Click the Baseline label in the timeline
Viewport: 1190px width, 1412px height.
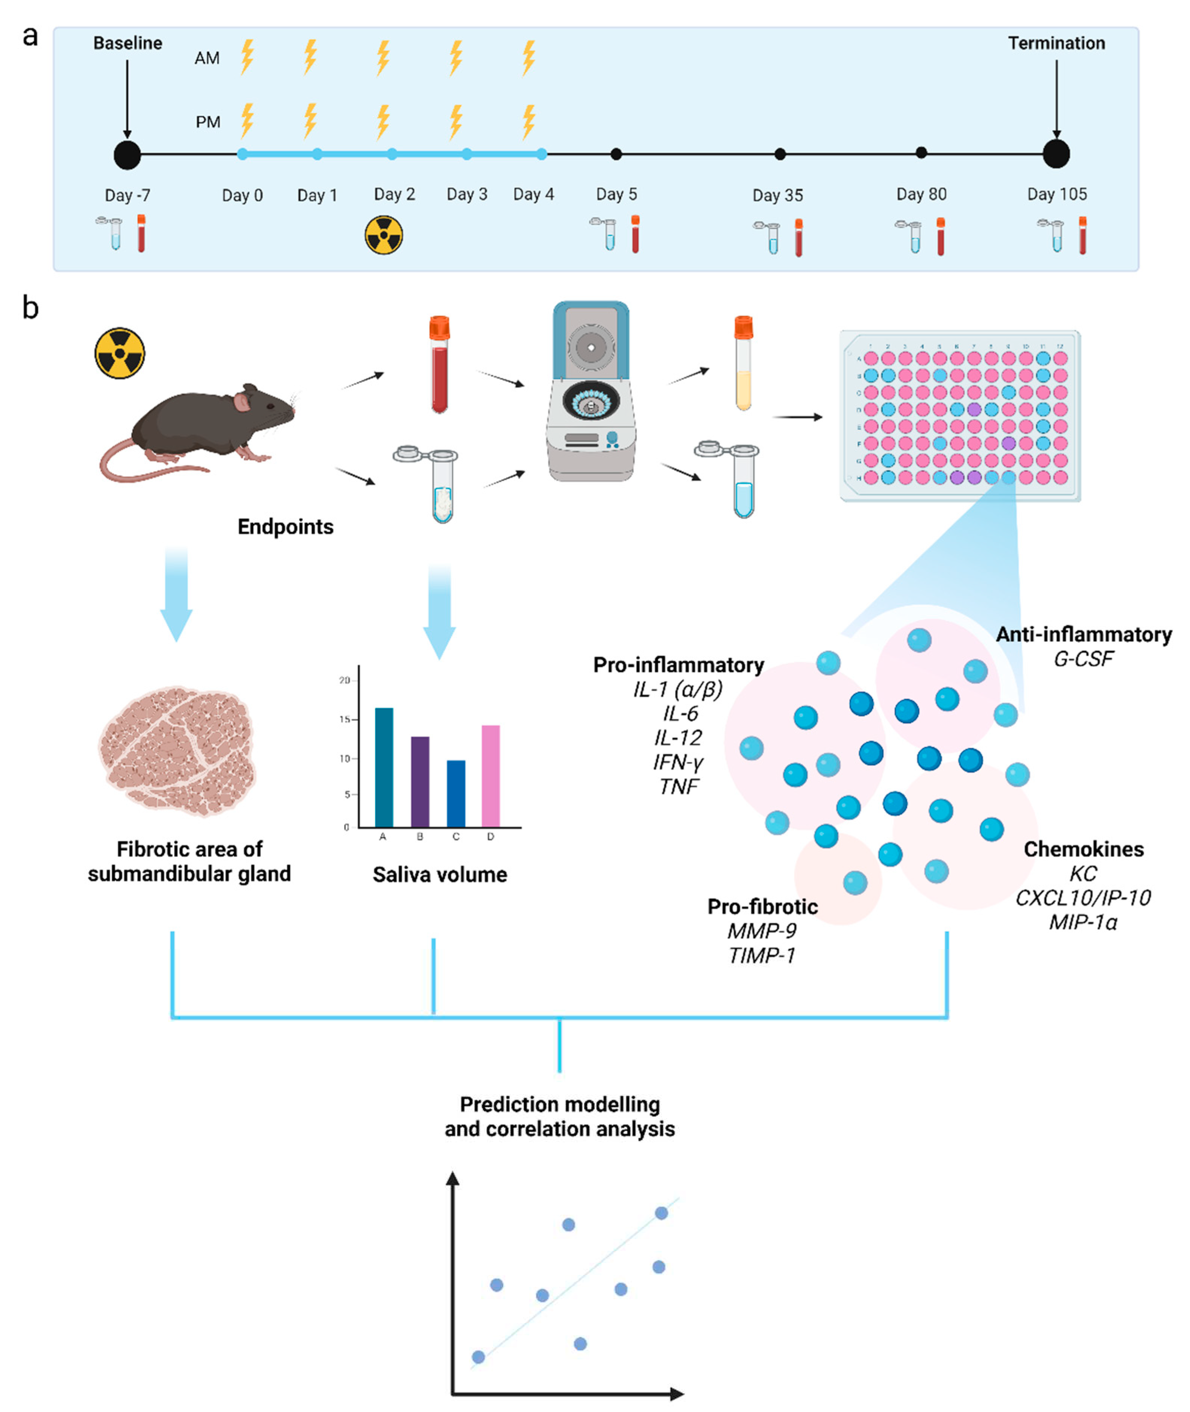tap(127, 43)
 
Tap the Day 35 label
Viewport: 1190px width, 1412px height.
tap(778, 196)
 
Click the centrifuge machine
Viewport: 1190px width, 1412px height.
tap(591, 391)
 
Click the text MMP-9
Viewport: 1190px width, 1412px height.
tap(762, 931)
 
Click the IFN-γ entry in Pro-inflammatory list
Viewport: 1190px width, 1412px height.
tap(678, 762)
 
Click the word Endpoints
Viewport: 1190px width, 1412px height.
tap(285, 527)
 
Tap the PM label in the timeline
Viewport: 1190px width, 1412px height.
tap(208, 122)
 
